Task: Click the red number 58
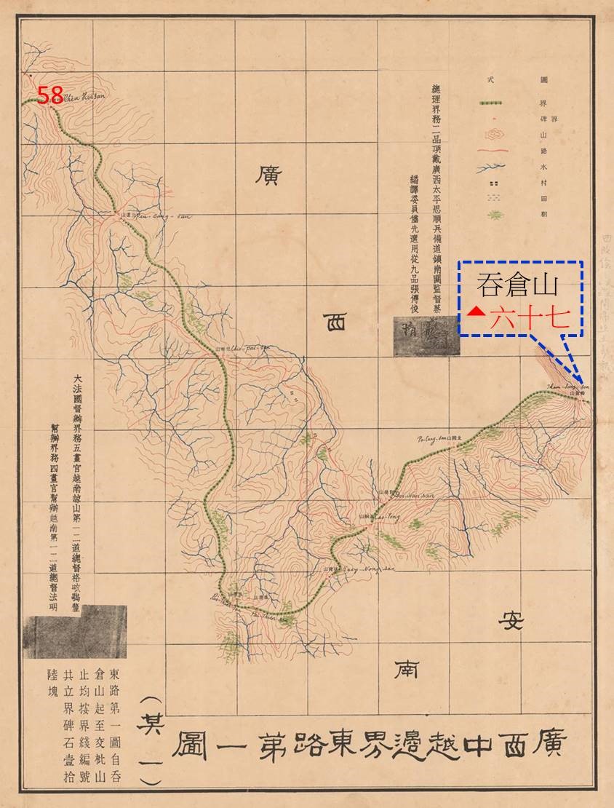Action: [x=50, y=95]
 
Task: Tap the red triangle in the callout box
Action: [x=476, y=312]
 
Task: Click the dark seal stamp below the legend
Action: [x=426, y=337]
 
